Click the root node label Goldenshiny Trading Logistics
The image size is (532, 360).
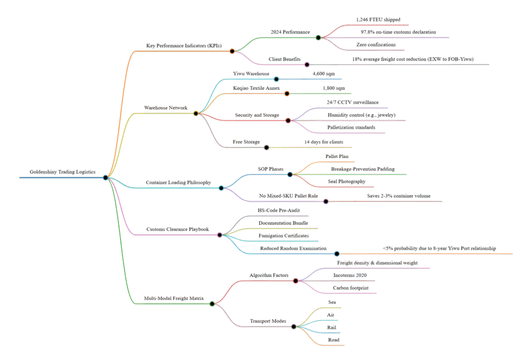62,172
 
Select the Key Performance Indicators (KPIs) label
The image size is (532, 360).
184,46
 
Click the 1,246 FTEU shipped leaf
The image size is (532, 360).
378,19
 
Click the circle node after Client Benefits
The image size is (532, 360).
307,65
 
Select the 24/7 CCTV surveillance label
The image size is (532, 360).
352,102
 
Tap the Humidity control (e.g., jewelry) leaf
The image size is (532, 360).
362,115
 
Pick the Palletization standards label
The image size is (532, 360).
351,127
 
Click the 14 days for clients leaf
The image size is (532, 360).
324,142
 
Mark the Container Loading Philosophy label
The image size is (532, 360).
178,182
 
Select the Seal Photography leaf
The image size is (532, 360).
346,182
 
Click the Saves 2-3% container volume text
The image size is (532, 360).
398,195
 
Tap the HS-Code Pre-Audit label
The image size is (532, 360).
279,210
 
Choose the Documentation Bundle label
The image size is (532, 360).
283,223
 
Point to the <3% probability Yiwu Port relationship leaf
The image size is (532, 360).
440,248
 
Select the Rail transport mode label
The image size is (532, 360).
331,327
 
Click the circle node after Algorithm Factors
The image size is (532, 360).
296,281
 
